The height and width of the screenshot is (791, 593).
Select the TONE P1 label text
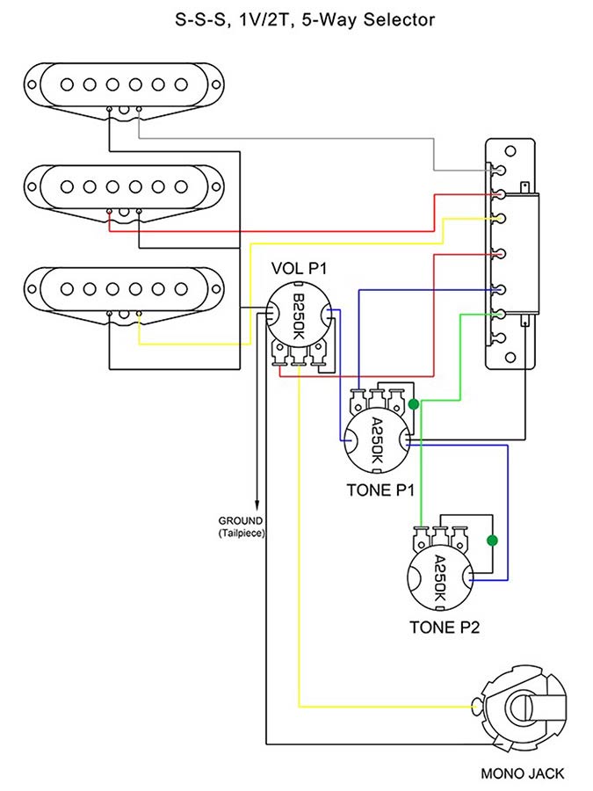coord(380,490)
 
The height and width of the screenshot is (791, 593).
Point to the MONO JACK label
coord(523,774)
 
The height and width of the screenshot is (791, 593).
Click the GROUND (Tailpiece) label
coord(243,526)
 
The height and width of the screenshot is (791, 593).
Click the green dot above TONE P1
coord(414,404)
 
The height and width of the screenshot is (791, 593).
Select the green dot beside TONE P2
coord(492,540)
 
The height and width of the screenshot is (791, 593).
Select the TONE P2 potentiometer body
coord(441,580)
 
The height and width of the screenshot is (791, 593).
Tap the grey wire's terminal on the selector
coord(499,171)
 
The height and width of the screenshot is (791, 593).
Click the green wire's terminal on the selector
coord(499,313)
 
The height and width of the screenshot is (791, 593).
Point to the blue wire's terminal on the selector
coord(499,288)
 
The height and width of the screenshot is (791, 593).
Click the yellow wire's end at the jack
coord(474,706)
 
